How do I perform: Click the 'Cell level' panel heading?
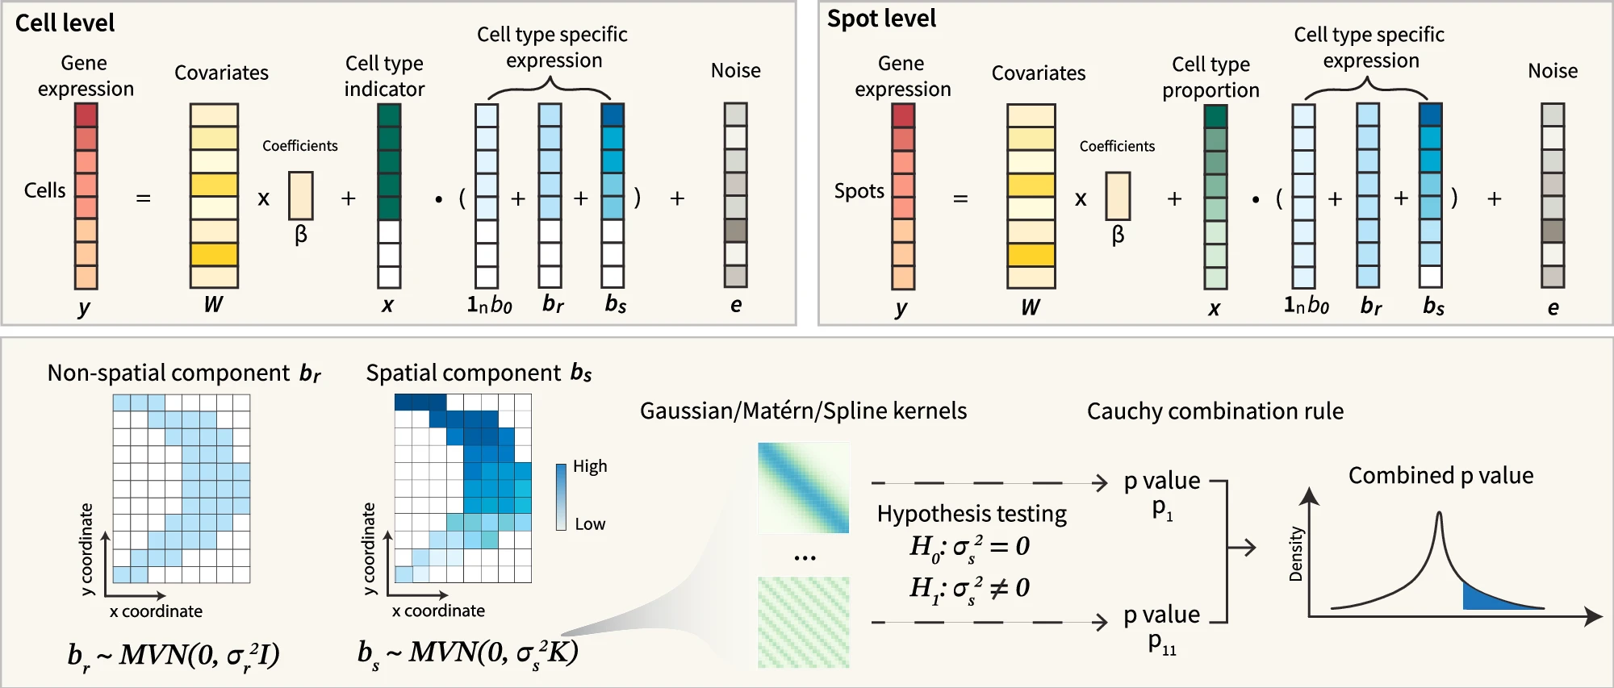(x=65, y=23)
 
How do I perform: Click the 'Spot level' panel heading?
(x=881, y=19)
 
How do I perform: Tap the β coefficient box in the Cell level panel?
(x=301, y=195)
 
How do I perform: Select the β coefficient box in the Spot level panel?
(x=1118, y=196)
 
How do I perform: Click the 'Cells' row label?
(x=45, y=190)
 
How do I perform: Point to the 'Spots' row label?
(x=859, y=191)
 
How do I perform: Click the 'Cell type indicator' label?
(x=384, y=76)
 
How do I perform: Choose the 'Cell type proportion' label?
(x=1210, y=77)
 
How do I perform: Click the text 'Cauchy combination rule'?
(x=1215, y=411)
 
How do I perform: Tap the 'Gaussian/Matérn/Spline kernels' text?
(x=803, y=411)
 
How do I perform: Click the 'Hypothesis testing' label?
(x=972, y=514)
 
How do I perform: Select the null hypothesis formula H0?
(x=969, y=548)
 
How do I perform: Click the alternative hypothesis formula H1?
(x=969, y=589)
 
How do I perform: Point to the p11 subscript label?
(x=1162, y=644)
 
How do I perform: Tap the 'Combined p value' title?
(x=1440, y=476)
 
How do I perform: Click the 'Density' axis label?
(x=1296, y=554)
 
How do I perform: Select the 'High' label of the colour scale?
(x=590, y=466)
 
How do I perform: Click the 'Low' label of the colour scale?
(x=590, y=524)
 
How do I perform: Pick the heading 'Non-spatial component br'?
(x=184, y=373)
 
